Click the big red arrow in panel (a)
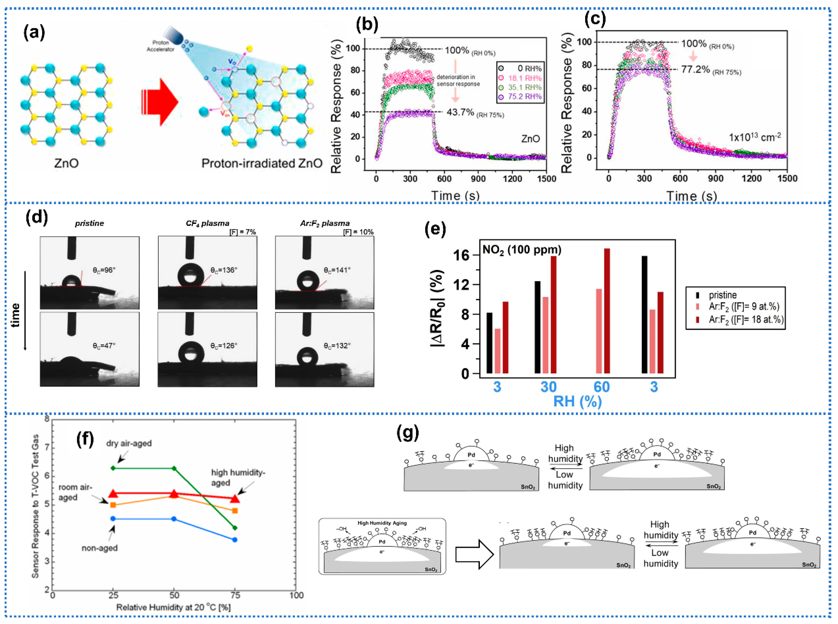tap(161, 102)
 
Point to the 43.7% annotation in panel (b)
tap(460, 112)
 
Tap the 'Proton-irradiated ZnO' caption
tap(262, 163)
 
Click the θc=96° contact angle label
tap(104, 270)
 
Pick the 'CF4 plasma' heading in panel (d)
tap(207, 223)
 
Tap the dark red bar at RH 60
tap(607, 311)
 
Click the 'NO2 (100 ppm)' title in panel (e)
tap(522, 250)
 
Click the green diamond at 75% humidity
tap(235, 528)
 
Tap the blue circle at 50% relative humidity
tap(174, 519)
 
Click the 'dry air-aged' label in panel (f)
tap(129, 443)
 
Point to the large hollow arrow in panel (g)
tap(474, 554)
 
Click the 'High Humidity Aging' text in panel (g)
tap(382, 523)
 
